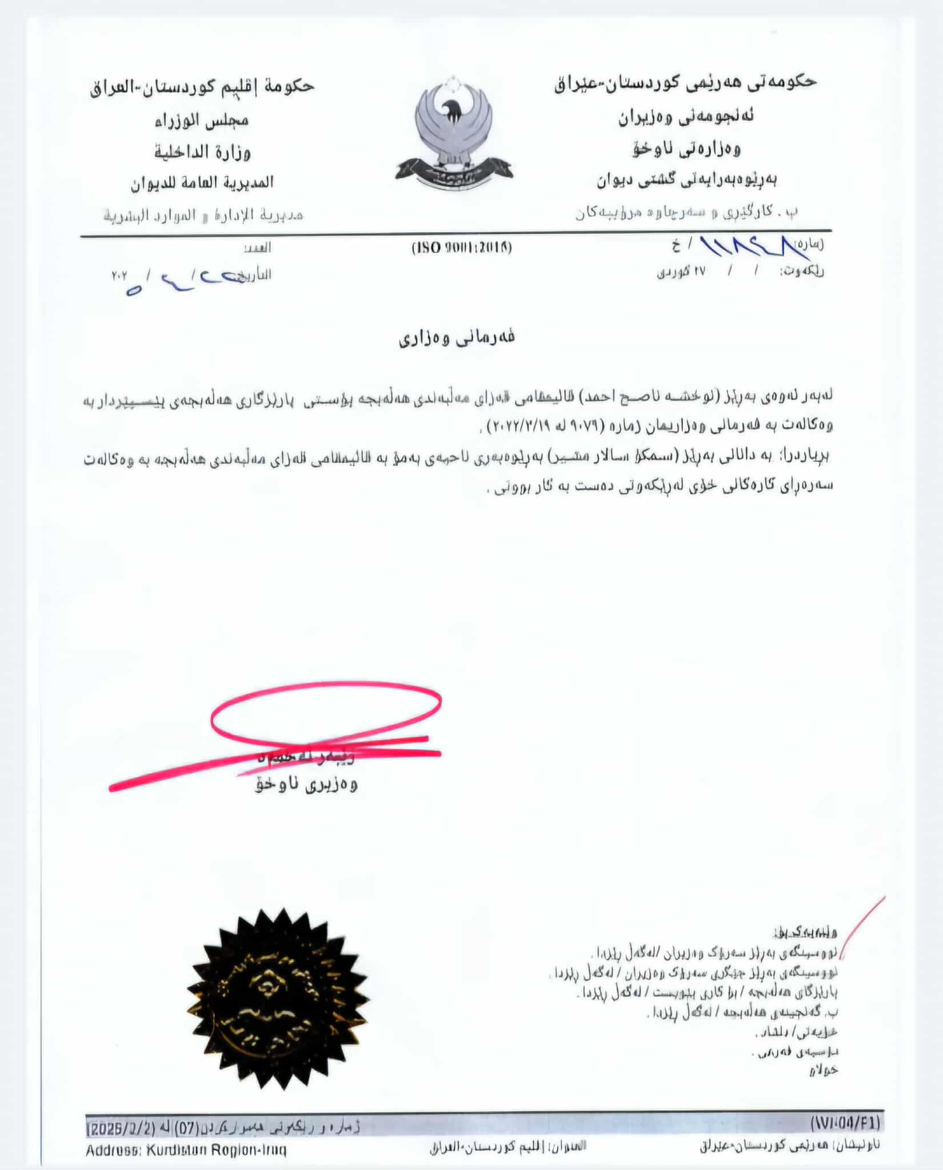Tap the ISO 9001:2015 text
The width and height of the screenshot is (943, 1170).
[x=462, y=248]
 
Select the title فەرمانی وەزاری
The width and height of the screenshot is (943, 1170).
[x=457, y=338]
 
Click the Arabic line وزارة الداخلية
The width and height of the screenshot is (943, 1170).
[x=203, y=152]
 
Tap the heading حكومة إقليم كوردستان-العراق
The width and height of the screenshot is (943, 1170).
[x=202, y=87]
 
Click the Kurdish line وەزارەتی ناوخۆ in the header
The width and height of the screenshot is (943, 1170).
[x=686, y=150]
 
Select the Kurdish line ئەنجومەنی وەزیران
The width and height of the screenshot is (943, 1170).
[x=685, y=118]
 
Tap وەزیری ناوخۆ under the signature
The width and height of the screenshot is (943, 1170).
[x=306, y=785]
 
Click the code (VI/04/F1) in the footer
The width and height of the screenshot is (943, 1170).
[x=846, y=1123]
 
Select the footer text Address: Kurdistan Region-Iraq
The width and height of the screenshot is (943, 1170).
[x=186, y=1149]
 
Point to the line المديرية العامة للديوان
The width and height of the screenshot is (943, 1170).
[x=202, y=183]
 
